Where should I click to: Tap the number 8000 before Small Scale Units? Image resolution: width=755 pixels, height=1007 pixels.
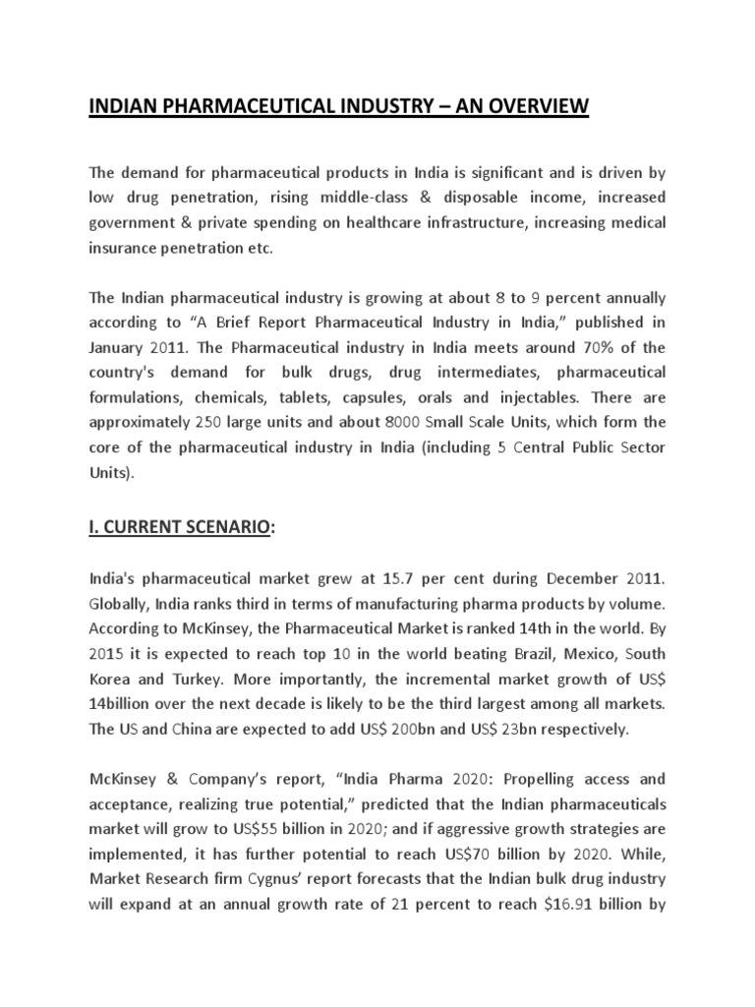click(414, 421)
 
